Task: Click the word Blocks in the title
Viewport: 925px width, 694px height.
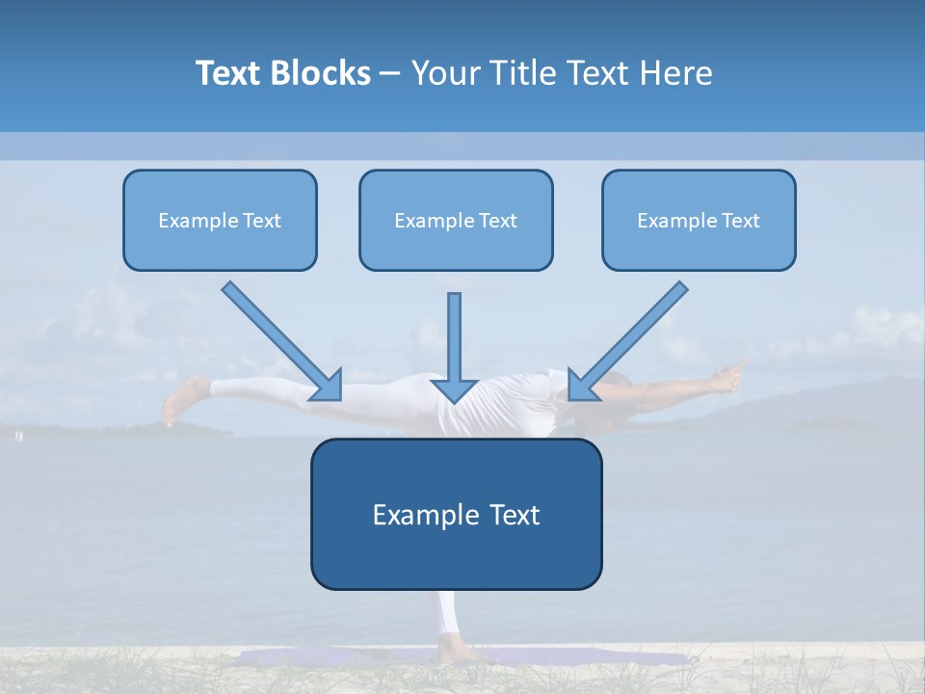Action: (x=320, y=73)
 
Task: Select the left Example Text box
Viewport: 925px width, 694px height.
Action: (x=220, y=221)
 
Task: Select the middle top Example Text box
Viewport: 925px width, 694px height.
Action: (x=456, y=221)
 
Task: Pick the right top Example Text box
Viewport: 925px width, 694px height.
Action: (x=699, y=221)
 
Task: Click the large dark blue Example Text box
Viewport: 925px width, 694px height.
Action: (x=456, y=514)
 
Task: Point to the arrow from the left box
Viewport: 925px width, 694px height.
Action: (x=279, y=339)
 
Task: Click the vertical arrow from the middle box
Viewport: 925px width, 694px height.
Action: (x=455, y=337)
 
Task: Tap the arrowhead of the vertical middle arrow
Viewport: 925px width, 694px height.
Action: (x=455, y=389)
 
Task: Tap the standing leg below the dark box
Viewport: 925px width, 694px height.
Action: (x=446, y=617)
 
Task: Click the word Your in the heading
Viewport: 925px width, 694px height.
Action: (x=445, y=73)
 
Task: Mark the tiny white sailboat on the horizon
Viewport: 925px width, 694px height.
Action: (x=16, y=437)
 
